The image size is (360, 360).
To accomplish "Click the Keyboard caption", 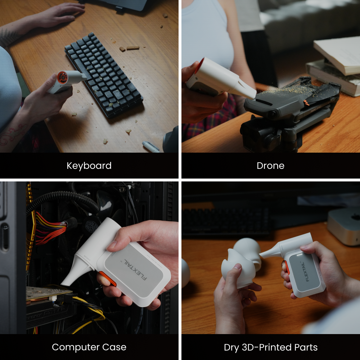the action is pyautogui.click(x=89, y=166).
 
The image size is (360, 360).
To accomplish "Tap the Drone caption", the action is pyautogui.click(x=270, y=166).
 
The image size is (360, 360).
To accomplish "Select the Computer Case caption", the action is pyautogui.click(x=89, y=347).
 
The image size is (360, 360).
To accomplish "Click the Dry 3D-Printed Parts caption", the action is pyautogui.click(x=271, y=347).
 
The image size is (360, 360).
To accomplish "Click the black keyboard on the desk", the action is pyautogui.click(x=104, y=75).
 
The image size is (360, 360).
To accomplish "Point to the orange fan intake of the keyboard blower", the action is pyautogui.click(x=62, y=77).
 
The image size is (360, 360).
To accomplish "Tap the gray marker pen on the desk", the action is pyautogui.click(x=150, y=147).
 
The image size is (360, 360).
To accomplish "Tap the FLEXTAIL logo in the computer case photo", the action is pyautogui.click(x=135, y=269).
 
